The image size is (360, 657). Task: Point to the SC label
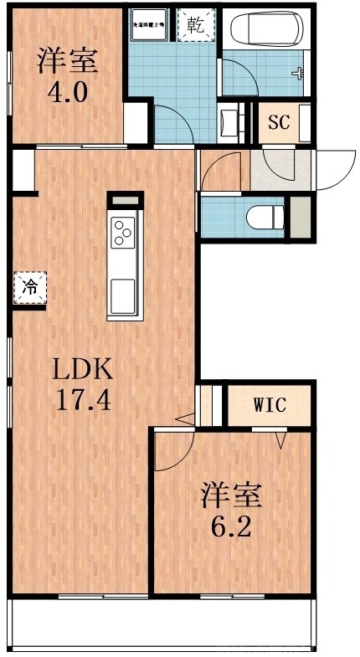(278, 122)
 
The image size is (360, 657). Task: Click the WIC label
(270, 406)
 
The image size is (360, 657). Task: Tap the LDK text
(83, 368)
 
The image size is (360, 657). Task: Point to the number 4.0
(67, 90)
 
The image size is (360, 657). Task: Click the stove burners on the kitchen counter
(123, 232)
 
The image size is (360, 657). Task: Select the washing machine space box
(152, 24)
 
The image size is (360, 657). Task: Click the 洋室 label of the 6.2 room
(230, 495)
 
